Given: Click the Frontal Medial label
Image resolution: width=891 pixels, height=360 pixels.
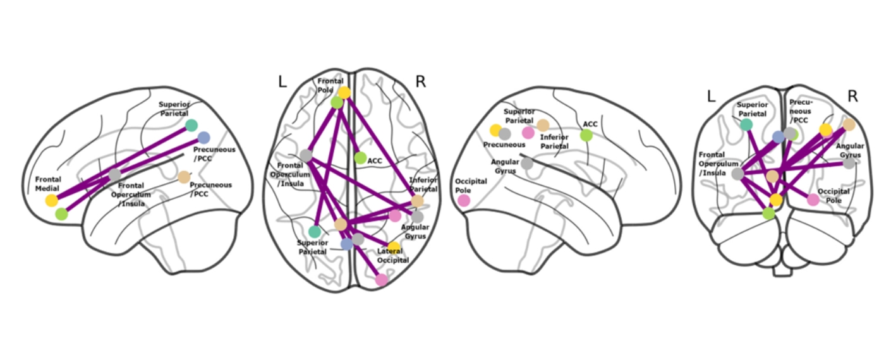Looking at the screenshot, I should pyautogui.click(x=48, y=184).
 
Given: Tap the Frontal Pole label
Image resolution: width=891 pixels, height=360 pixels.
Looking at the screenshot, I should pyautogui.click(x=330, y=85).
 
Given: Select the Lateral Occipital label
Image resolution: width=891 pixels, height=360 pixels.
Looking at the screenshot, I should pyautogui.click(x=394, y=256).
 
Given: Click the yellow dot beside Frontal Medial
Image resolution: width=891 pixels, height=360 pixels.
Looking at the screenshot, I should pyautogui.click(x=51, y=200).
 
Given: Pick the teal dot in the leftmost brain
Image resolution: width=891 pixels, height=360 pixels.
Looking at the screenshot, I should pyautogui.click(x=191, y=125).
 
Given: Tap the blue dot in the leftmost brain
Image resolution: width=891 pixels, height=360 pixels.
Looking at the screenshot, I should pyautogui.click(x=203, y=137).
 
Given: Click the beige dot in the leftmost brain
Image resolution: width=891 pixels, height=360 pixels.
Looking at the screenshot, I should pyautogui.click(x=184, y=177).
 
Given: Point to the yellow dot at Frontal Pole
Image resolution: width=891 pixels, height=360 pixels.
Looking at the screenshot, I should pyautogui.click(x=344, y=92).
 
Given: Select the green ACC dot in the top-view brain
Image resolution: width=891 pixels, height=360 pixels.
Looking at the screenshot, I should pyautogui.click(x=360, y=158).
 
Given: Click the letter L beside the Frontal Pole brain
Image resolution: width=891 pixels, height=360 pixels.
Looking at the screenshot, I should pyautogui.click(x=283, y=81).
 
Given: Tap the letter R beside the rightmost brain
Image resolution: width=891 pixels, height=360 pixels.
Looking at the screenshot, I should pyautogui.click(x=852, y=96).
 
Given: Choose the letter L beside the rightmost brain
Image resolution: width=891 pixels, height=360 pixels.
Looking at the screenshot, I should pyautogui.click(x=711, y=96).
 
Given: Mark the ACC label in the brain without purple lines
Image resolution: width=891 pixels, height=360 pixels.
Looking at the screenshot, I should pyautogui.click(x=590, y=124).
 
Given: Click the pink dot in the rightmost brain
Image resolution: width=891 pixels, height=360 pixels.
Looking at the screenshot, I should pyautogui.click(x=813, y=200).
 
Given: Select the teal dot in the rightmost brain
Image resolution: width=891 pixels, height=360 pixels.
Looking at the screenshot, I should pyautogui.click(x=746, y=124).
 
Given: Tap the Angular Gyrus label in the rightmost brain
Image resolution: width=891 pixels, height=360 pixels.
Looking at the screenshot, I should pyautogui.click(x=851, y=150).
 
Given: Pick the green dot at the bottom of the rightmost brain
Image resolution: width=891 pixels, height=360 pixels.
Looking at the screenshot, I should pyautogui.click(x=768, y=213).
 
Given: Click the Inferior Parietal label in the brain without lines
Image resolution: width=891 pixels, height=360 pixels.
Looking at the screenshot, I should pyautogui.click(x=554, y=142).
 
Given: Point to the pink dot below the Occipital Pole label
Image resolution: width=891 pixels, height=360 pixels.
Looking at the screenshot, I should pyautogui.click(x=464, y=200).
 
